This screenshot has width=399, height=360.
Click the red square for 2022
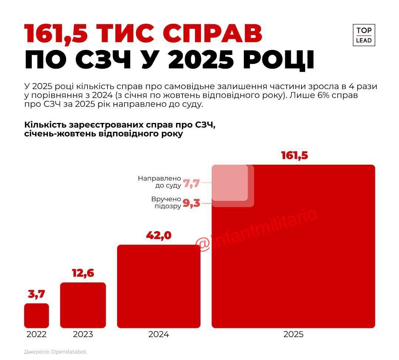pyautogui.click(x=36, y=315)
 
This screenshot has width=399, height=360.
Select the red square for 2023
pyautogui.click(x=83, y=305)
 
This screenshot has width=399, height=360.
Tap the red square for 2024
pyautogui.click(x=158, y=286)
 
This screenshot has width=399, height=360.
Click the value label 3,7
pyautogui.click(x=36, y=294)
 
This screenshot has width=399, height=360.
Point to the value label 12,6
pyautogui.click(x=83, y=273)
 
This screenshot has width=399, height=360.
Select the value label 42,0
pyautogui.click(x=158, y=236)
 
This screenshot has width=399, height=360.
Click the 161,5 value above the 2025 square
pyautogui.click(x=294, y=155)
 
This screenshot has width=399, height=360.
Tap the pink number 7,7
pyautogui.click(x=191, y=183)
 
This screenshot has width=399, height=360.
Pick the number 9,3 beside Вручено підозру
pyautogui.click(x=191, y=203)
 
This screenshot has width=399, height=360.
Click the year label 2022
pyautogui.click(x=36, y=335)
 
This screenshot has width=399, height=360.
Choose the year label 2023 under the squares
pyautogui.click(x=83, y=335)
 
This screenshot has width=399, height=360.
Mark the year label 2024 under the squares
pyautogui.click(x=158, y=335)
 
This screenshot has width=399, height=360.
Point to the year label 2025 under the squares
pyautogui.click(x=293, y=335)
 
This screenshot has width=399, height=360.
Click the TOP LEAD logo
pyautogui.click(x=364, y=35)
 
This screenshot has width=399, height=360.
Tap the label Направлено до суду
pyautogui.click(x=160, y=182)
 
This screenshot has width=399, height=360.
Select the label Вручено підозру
pyautogui.click(x=166, y=202)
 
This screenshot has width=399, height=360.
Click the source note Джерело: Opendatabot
pyautogui.click(x=56, y=352)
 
